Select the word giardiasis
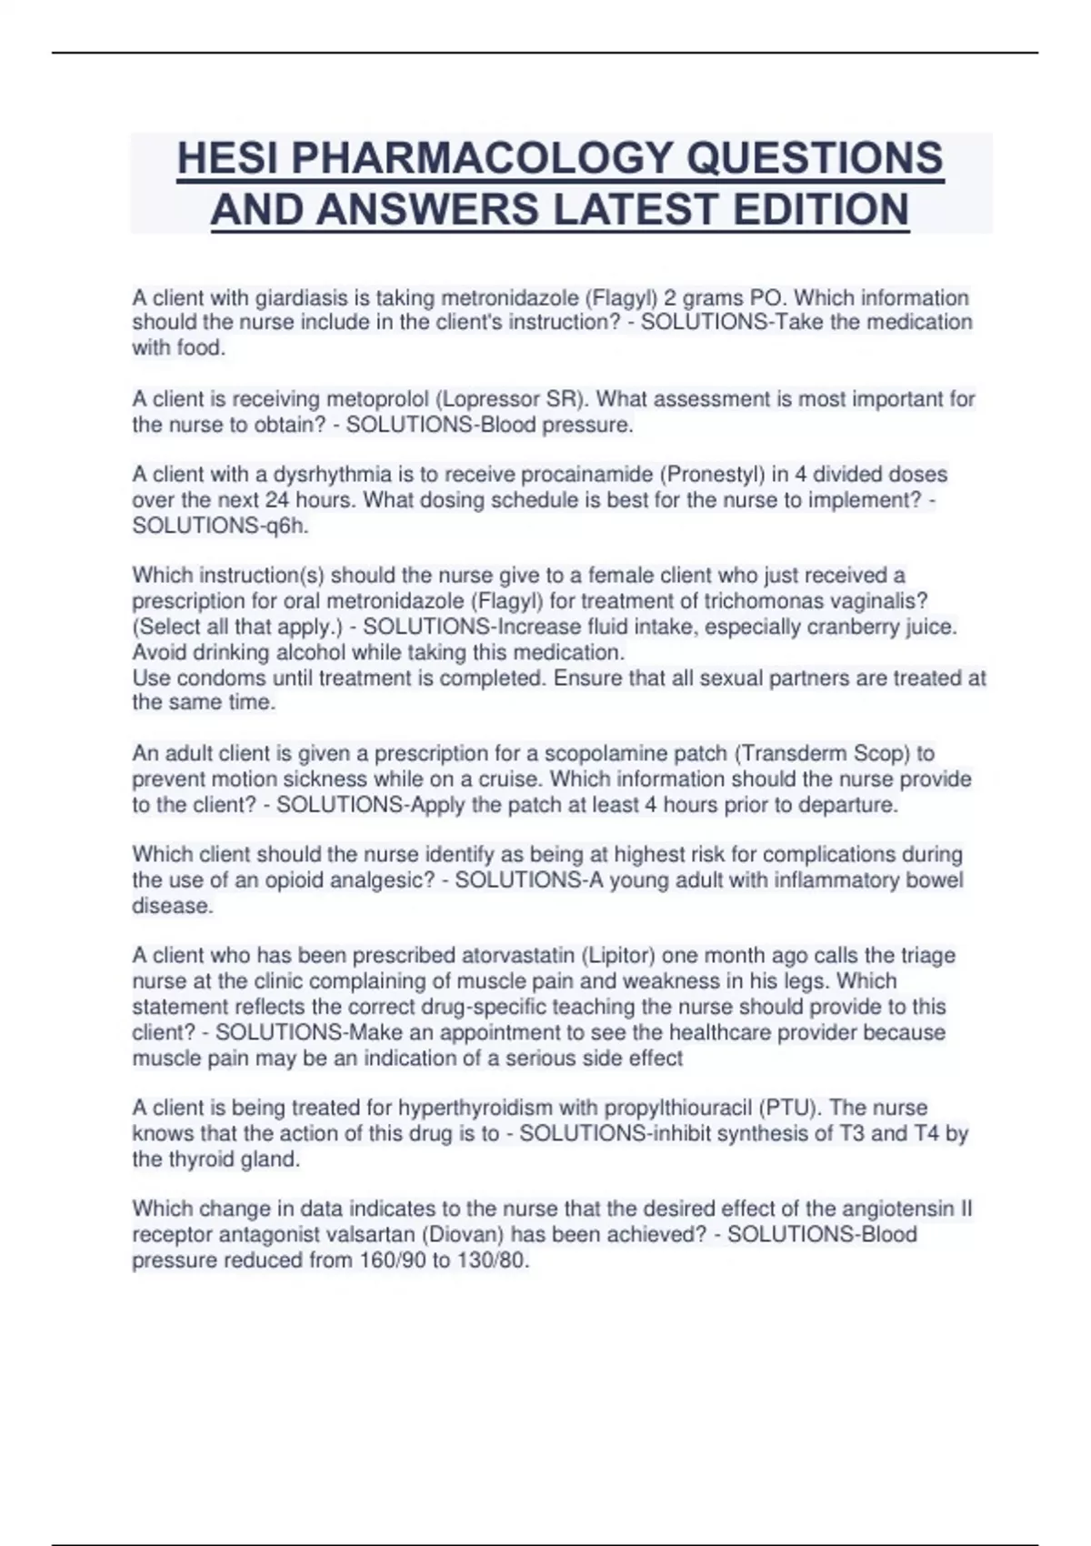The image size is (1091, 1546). pyautogui.click(x=299, y=298)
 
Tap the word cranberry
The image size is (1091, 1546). pyautogui.click(x=846, y=627)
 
